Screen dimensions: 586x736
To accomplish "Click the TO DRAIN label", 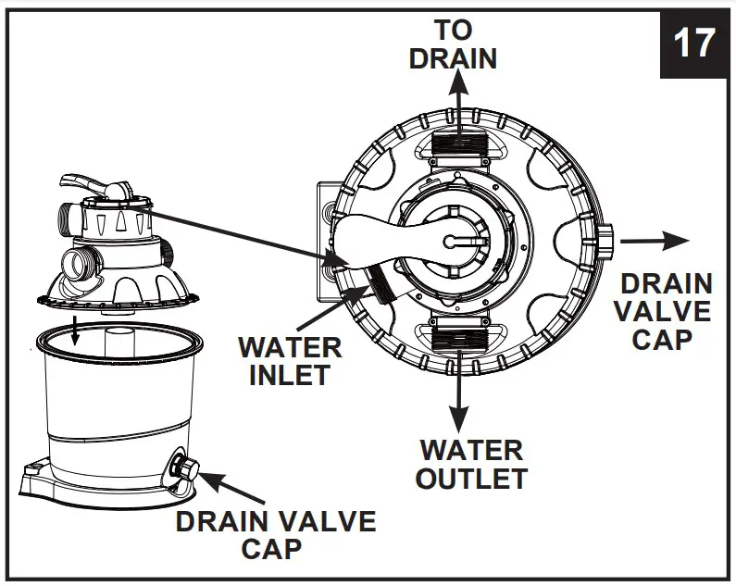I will (x=453, y=44).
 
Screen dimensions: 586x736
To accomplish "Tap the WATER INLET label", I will (x=290, y=361).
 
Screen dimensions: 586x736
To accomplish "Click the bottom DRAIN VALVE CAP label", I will (x=275, y=534).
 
